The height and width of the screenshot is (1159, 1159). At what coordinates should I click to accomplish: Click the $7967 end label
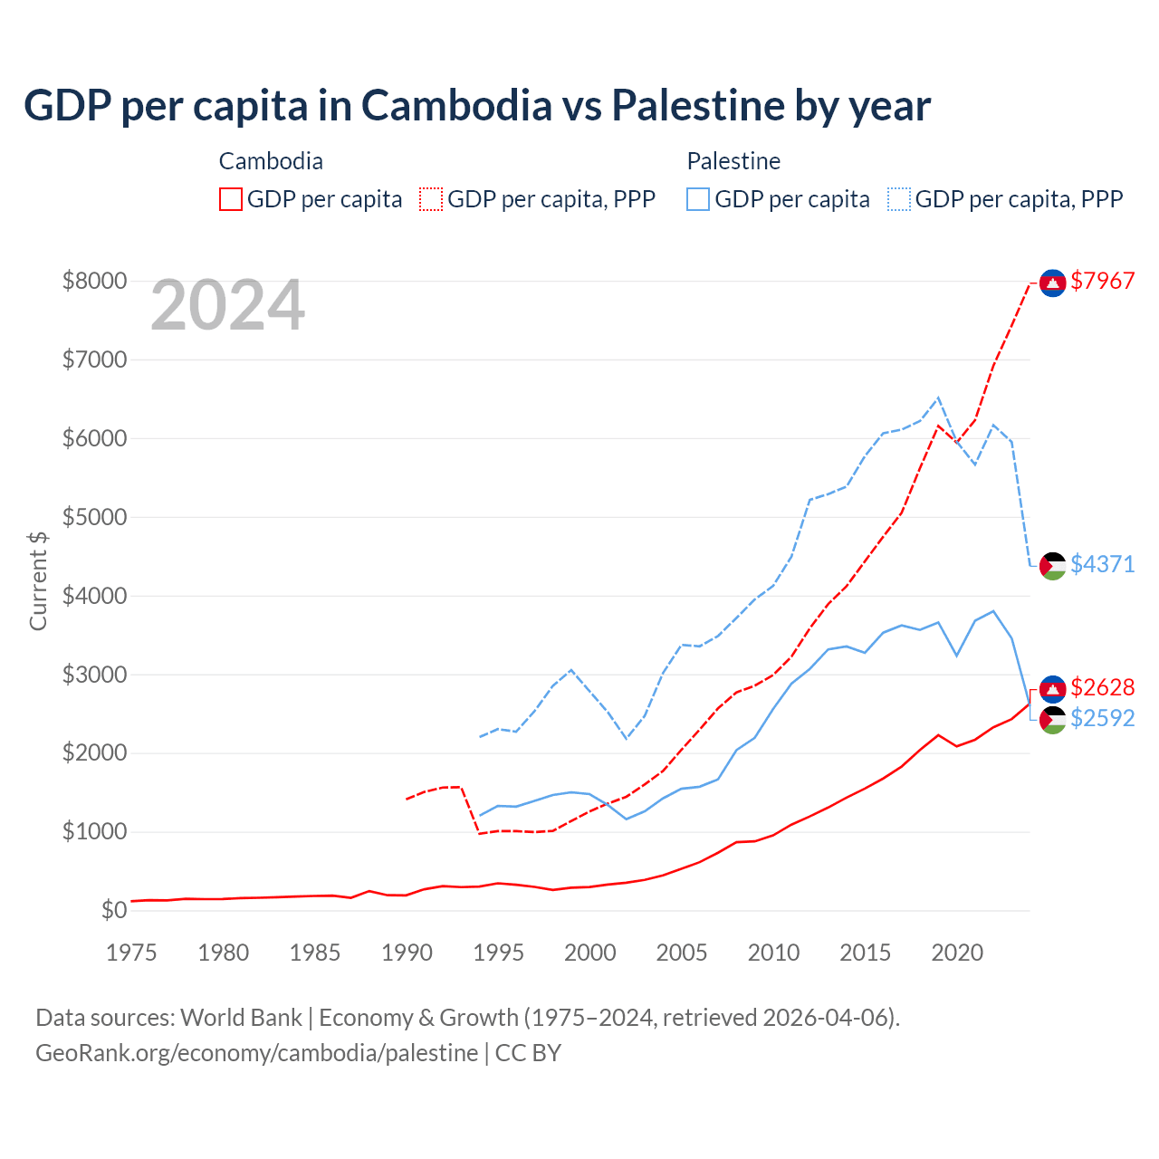click(1102, 282)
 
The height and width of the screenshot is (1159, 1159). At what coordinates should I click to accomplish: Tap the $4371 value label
click(1102, 564)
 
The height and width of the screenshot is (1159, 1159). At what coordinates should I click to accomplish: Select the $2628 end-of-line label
click(1102, 687)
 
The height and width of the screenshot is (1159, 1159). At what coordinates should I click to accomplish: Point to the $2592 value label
click(1102, 718)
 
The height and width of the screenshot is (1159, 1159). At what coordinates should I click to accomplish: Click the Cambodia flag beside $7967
click(1052, 283)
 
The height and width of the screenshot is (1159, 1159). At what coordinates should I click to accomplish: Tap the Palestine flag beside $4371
click(1052, 566)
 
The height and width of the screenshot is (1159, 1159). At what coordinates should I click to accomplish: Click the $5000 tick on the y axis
click(94, 518)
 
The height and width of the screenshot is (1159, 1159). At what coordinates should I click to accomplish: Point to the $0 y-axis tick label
click(113, 910)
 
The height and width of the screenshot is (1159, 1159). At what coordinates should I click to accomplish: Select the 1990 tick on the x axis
click(407, 953)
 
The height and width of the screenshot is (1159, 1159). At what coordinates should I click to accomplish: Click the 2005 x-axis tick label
click(682, 953)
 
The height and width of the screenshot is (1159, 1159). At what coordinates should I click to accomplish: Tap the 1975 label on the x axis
click(131, 953)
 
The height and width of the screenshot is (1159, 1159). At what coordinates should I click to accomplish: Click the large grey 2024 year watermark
click(227, 306)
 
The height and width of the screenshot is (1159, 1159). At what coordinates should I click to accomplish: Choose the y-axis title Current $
click(38, 580)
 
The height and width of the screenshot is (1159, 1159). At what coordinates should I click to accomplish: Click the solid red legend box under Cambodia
click(231, 199)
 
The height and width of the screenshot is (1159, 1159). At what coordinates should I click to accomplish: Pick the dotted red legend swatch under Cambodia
click(431, 199)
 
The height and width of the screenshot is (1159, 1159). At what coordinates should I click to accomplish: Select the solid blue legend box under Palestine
click(698, 199)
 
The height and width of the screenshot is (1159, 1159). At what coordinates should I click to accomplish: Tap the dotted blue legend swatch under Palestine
click(899, 199)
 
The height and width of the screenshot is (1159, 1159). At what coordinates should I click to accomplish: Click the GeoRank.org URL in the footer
click(256, 1053)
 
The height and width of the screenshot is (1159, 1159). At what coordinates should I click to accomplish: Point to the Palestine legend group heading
click(733, 161)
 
